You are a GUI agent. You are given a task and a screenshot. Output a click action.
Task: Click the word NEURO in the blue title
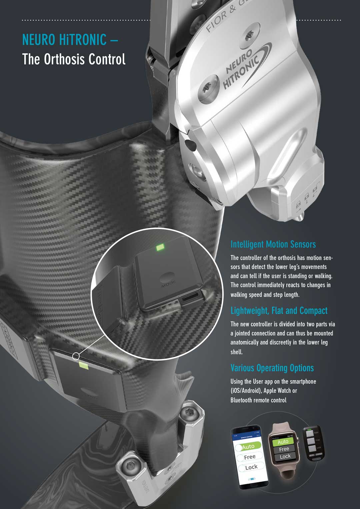tap(39, 40)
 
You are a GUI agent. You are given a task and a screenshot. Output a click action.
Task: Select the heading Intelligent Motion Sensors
tap(273, 244)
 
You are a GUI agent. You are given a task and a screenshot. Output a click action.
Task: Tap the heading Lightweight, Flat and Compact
tap(279, 311)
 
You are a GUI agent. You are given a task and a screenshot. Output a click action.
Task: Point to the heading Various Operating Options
tap(272, 368)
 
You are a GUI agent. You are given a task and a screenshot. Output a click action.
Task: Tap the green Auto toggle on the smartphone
tap(248, 447)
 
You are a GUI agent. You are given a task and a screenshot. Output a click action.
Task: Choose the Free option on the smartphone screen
tap(250, 457)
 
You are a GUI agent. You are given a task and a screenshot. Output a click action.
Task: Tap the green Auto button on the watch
tap(283, 442)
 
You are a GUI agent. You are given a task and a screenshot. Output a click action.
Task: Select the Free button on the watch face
tap(284, 449)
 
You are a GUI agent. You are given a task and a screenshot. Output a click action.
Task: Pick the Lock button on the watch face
tap(285, 456)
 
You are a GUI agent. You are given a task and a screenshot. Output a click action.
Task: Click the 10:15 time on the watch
tap(290, 436)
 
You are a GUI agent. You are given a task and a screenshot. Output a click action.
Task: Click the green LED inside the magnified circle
tap(161, 247)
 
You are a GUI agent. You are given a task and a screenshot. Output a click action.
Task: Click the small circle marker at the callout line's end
tap(76, 356)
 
